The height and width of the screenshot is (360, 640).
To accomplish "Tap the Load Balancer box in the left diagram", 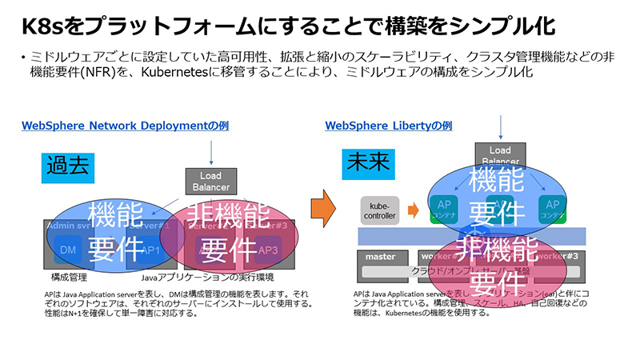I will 210,181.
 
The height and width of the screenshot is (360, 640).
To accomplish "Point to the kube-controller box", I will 380,210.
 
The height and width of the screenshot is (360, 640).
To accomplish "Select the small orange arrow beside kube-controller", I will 413,210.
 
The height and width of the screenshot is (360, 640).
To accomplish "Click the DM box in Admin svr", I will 67,250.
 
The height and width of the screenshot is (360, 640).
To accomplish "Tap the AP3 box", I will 269,250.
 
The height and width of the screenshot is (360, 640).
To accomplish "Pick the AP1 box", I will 152,250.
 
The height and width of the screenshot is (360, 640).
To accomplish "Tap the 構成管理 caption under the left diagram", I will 67,277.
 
